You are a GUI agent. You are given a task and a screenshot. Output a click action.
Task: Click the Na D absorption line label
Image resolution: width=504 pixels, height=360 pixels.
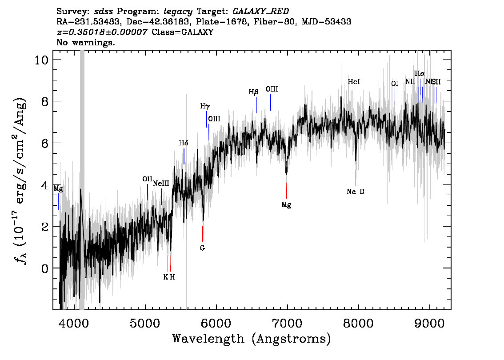point(356,192)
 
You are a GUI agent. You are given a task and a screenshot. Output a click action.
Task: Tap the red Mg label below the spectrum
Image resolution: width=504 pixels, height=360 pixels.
point(286,205)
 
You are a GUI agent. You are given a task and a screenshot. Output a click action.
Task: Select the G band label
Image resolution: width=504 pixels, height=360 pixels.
point(202,248)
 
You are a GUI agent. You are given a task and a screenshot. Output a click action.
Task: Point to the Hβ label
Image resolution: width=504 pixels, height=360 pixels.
point(253,92)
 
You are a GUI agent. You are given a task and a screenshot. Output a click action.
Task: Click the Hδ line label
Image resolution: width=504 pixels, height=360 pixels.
point(184,143)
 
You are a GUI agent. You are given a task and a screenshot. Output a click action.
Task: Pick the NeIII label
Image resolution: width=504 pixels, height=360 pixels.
point(161,183)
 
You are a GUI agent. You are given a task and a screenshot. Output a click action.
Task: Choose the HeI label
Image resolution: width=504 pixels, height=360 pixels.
point(354,82)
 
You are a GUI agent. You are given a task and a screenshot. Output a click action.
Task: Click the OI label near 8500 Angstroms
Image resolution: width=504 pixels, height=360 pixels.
point(395,84)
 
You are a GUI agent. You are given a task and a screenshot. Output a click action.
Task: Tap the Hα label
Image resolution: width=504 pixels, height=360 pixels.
point(420,73)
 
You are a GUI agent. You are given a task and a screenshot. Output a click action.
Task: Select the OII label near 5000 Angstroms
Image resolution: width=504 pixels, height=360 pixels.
point(148,179)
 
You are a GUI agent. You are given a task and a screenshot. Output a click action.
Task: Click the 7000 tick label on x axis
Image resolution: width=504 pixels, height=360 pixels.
point(287,322)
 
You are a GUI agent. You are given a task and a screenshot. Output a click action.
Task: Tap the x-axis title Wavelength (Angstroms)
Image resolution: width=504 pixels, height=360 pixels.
point(252,339)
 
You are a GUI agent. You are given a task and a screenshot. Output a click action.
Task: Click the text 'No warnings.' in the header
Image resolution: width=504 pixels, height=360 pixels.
point(86,43)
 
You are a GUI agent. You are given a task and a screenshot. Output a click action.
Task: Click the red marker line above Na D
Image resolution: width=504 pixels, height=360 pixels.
point(356,177)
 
